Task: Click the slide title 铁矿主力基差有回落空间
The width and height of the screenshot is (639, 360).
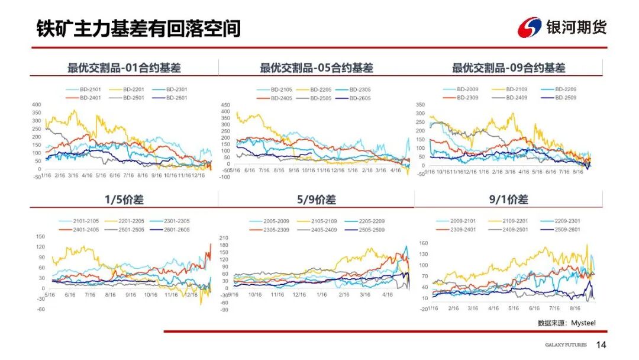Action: click(138, 28)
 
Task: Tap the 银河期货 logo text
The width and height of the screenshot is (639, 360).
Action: click(576, 27)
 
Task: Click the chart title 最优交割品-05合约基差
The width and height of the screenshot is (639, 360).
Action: click(317, 68)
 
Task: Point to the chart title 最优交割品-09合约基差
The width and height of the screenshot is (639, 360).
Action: click(509, 68)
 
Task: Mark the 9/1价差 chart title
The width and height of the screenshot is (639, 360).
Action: click(508, 200)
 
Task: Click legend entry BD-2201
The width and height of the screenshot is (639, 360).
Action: click(135, 89)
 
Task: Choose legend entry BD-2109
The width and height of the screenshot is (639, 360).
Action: click(517, 89)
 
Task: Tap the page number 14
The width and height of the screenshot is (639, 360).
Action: click(601, 345)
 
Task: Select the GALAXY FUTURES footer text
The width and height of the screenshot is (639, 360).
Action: click(566, 345)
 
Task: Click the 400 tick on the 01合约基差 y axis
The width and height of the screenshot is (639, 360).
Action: click(37, 104)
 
